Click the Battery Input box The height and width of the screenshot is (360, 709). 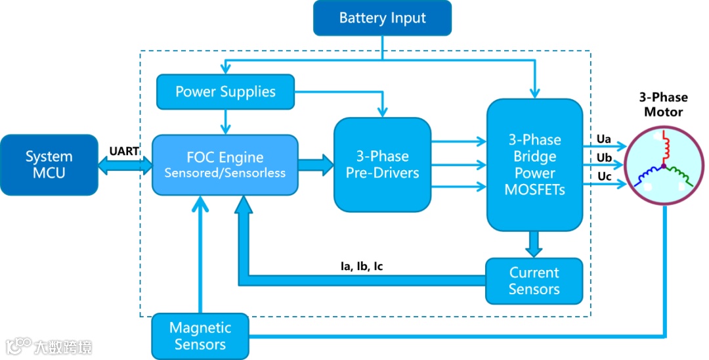(x=382, y=18)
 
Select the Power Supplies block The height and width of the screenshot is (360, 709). (x=225, y=92)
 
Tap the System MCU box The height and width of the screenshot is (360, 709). (x=49, y=165)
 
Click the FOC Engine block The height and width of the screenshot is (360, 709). (x=225, y=165)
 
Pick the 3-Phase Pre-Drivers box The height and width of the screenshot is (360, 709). (x=382, y=165)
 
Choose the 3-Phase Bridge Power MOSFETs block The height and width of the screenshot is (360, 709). (x=534, y=165)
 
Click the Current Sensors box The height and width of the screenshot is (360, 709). (x=534, y=281)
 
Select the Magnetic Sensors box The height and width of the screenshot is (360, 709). (x=200, y=336)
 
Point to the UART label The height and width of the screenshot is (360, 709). (x=123, y=151)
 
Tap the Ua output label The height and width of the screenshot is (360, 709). (x=604, y=139)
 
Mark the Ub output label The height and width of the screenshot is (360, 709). (x=604, y=158)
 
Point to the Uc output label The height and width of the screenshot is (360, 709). (x=604, y=177)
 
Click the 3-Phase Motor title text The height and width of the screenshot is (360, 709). (x=663, y=104)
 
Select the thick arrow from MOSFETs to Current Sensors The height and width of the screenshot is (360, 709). (x=534, y=244)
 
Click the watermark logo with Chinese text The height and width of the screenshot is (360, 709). (x=49, y=346)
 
